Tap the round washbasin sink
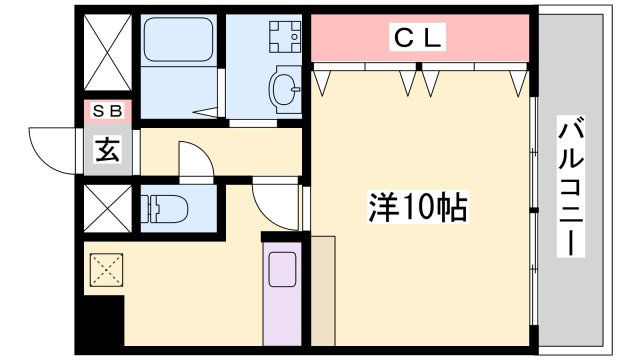(284, 89)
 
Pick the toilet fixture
(166, 209)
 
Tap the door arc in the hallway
(195, 160)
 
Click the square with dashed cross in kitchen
(105, 269)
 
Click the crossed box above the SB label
(106, 56)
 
